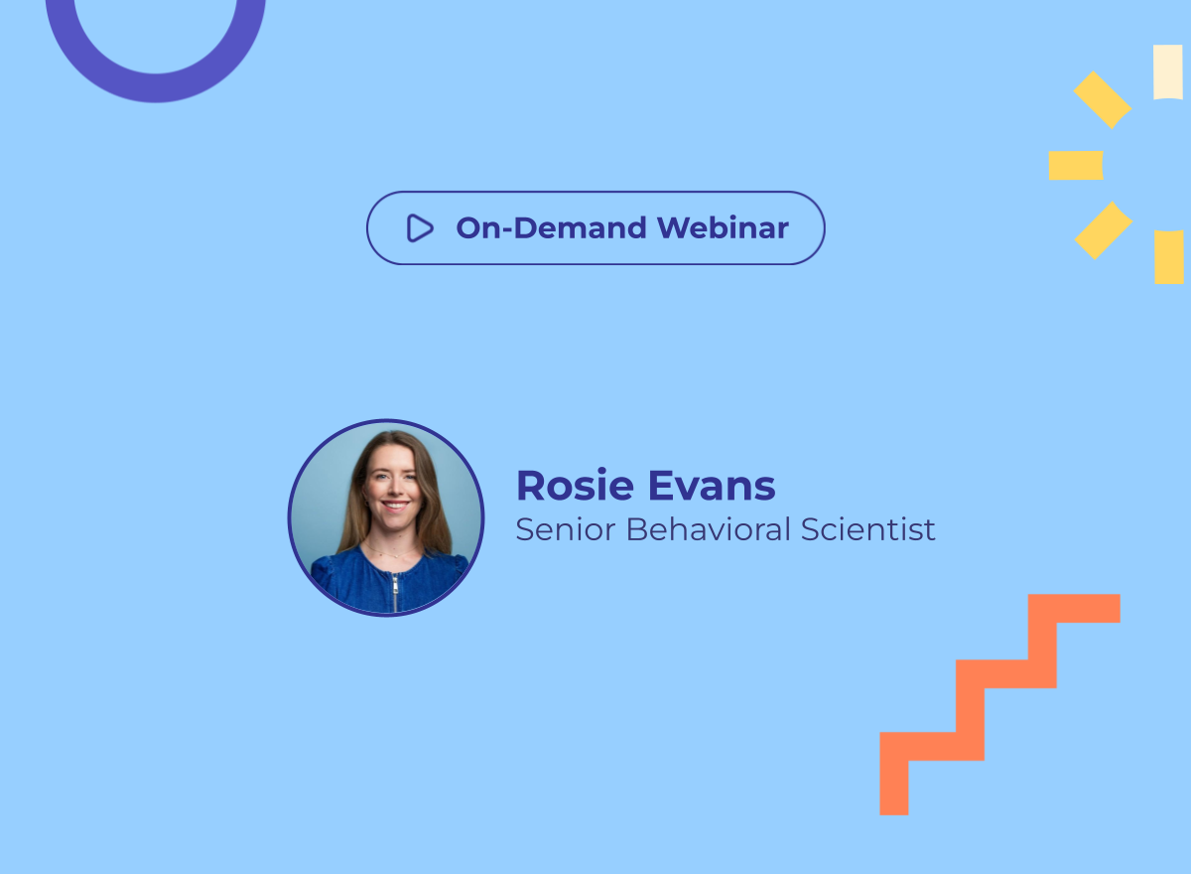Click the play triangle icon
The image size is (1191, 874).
point(420,227)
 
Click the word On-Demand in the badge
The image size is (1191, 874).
point(552,227)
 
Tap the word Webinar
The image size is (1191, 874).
point(723,227)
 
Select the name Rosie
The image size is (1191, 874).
point(575,485)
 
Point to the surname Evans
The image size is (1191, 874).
point(712,486)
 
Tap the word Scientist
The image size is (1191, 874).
point(867,529)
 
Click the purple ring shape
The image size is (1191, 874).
point(155,87)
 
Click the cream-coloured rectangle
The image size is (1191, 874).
point(1167,72)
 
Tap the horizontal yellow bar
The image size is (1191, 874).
point(1076,166)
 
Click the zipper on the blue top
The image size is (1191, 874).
point(395,592)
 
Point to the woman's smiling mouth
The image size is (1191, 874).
point(395,505)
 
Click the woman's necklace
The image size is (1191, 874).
point(392,551)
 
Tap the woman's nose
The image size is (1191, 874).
point(394,487)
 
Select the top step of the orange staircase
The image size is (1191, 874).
point(1074,609)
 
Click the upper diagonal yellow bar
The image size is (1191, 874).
point(1103,100)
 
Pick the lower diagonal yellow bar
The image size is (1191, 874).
point(1104,230)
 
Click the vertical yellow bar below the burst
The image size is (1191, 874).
point(1169,257)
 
